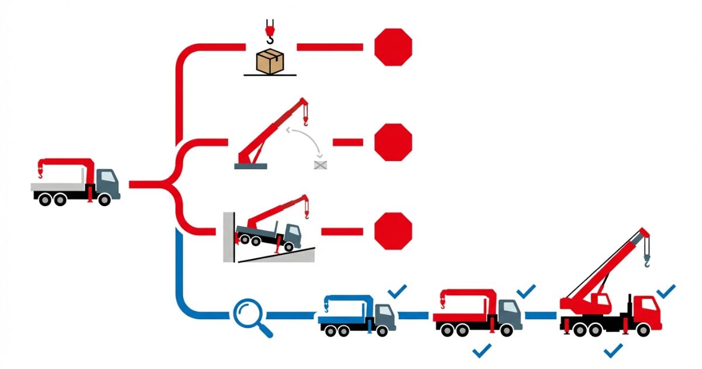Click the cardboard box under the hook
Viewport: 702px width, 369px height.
pos(270,62)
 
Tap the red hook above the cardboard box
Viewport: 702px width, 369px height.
pos(269,32)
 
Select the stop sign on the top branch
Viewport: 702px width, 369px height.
pos(393,47)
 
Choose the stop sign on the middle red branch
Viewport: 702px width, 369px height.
pos(393,142)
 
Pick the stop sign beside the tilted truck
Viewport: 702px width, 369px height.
pos(393,231)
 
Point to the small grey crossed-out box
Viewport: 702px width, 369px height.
pos(321,165)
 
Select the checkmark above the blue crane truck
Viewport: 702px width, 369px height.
pos(398,290)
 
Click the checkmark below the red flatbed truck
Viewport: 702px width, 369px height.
pos(482,350)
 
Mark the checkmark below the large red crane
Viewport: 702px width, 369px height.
pos(613,350)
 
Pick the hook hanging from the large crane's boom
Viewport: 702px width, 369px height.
pos(648,259)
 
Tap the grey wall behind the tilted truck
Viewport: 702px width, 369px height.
pos(229,237)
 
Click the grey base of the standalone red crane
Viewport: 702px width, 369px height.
pos(250,166)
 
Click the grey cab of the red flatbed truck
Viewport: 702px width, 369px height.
pos(511,313)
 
